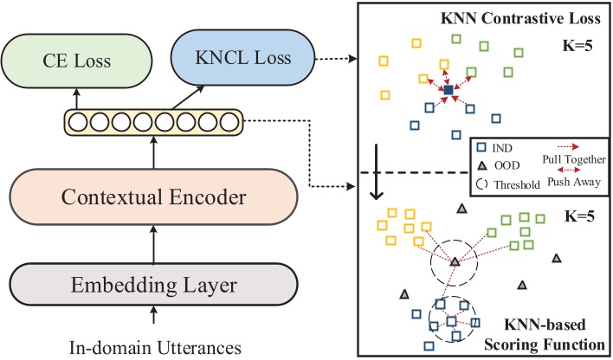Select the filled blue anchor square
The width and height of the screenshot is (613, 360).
click(x=448, y=90)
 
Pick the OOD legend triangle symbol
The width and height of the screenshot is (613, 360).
click(x=482, y=166)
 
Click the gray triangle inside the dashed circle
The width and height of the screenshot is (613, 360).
click(x=455, y=260)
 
